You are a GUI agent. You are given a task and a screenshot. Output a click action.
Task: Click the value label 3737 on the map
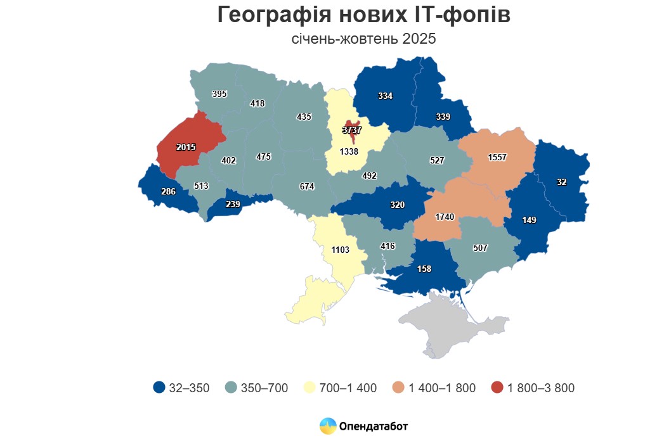click(351, 130)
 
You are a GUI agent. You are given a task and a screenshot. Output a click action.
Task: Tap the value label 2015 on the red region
click(186, 147)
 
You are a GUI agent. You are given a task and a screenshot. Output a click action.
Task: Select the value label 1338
click(349, 152)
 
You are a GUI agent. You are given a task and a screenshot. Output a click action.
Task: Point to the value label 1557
click(497, 157)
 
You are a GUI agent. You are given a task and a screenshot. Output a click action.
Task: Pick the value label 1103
click(341, 250)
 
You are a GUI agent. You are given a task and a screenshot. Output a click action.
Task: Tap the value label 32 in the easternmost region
click(561, 182)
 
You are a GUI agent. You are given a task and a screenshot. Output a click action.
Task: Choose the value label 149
click(529, 220)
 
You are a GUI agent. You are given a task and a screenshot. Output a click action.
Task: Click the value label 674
click(307, 186)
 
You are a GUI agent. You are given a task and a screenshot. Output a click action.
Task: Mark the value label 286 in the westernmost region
click(169, 191)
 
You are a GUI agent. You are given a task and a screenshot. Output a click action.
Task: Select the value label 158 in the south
click(424, 269)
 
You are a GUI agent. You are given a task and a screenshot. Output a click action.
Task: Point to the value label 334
click(385, 96)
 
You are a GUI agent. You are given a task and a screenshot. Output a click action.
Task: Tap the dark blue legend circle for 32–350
click(159, 388)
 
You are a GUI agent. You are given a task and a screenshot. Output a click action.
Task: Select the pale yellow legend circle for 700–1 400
click(311, 388)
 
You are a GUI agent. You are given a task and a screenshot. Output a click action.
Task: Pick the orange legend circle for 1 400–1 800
click(398, 388)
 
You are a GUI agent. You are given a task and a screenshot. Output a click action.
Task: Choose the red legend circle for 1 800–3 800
click(498, 388)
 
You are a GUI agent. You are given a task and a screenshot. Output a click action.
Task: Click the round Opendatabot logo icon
click(328, 426)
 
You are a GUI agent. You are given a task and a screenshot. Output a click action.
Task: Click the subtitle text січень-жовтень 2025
click(363, 39)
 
